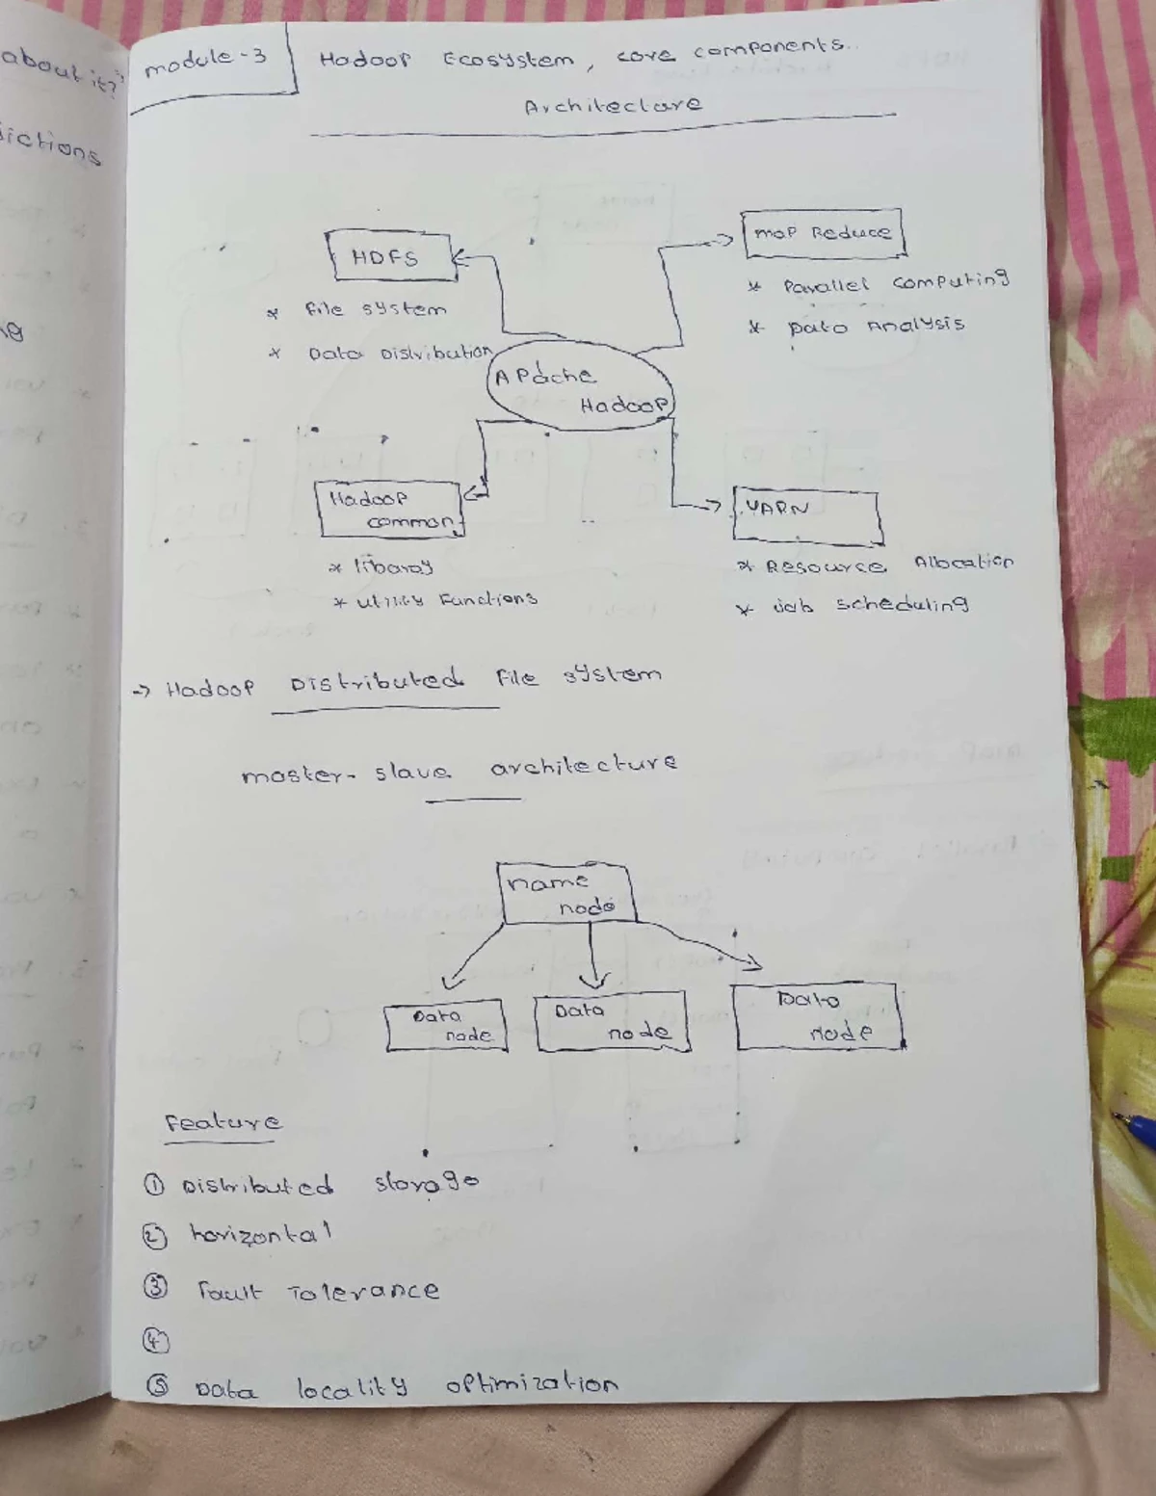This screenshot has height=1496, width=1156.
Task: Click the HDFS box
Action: (389, 256)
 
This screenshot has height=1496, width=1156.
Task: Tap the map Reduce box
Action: (823, 233)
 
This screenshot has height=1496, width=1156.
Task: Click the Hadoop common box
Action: (390, 509)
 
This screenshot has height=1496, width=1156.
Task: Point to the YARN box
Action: (806, 515)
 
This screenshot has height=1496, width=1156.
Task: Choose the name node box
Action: (566, 893)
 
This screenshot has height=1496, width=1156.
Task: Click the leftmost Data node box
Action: (445, 1027)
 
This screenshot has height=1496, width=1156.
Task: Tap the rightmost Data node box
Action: (818, 1015)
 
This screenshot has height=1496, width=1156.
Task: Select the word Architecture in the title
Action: (613, 104)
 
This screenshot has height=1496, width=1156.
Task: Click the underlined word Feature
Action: (223, 1122)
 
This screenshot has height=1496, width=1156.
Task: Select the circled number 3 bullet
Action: (156, 1288)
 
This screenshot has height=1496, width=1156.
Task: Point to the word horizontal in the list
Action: (260, 1233)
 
